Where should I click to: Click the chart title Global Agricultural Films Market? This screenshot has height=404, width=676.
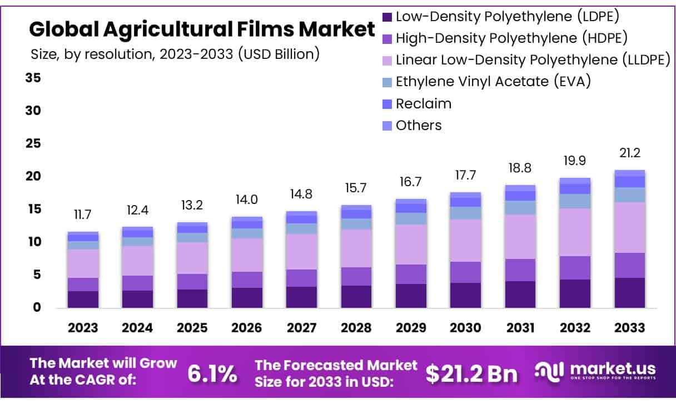(x=202, y=29)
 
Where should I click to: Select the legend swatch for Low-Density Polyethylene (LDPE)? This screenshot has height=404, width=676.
(x=387, y=17)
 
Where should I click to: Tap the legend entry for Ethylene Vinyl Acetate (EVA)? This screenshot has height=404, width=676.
(x=493, y=82)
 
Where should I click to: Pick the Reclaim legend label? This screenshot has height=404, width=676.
(x=423, y=103)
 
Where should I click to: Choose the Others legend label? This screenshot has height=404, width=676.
(x=418, y=125)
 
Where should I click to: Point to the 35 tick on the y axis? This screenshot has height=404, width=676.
(x=33, y=78)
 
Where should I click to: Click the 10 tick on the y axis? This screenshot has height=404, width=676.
(x=33, y=242)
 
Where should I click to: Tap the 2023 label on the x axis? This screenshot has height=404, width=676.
(x=83, y=327)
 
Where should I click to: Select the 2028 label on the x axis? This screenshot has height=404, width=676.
(x=356, y=327)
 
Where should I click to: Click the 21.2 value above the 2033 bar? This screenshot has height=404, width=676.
(x=629, y=152)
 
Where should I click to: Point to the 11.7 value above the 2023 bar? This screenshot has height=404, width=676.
(x=83, y=215)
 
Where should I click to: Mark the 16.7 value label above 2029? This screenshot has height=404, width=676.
(x=411, y=182)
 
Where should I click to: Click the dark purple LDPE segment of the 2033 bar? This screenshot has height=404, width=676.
(x=629, y=293)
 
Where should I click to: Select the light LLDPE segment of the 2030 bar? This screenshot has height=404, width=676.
(x=465, y=240)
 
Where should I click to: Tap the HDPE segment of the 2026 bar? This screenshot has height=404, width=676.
(x=247, y=280)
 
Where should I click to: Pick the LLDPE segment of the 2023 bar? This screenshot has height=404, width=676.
(x=83, y=263)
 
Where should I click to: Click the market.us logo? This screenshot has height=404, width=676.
(x=595, y=371)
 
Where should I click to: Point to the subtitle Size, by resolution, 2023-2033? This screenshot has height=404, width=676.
(x=175, y=54)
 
